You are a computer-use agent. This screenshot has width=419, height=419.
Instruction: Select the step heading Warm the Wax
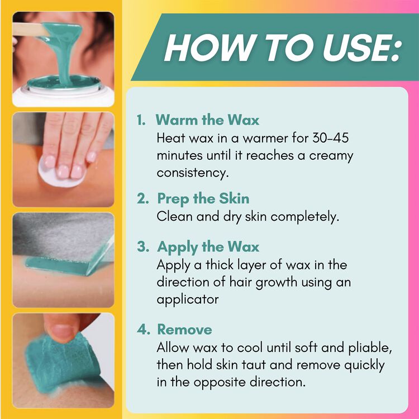[x=207, y=120]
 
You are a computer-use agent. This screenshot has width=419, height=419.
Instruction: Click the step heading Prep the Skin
[x=203, y=199]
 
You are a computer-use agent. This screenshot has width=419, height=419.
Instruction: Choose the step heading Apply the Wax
[x=208, y=247]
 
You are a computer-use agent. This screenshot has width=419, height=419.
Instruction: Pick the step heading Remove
[x=185, y=329]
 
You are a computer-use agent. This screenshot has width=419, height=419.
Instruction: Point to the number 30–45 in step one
[x=330, y=138]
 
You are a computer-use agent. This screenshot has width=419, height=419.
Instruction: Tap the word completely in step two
[x=305, y=216]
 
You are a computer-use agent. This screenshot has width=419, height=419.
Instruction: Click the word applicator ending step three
[x=188, y=299]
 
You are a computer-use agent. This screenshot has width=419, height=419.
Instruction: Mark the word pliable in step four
[x=370, y=347]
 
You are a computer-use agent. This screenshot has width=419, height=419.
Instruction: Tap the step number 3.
[x=142, y=246]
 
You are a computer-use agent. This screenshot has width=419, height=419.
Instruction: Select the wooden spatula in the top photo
[x=30, y=30]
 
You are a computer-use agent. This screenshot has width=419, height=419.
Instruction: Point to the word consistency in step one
[x=193, y=173]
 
